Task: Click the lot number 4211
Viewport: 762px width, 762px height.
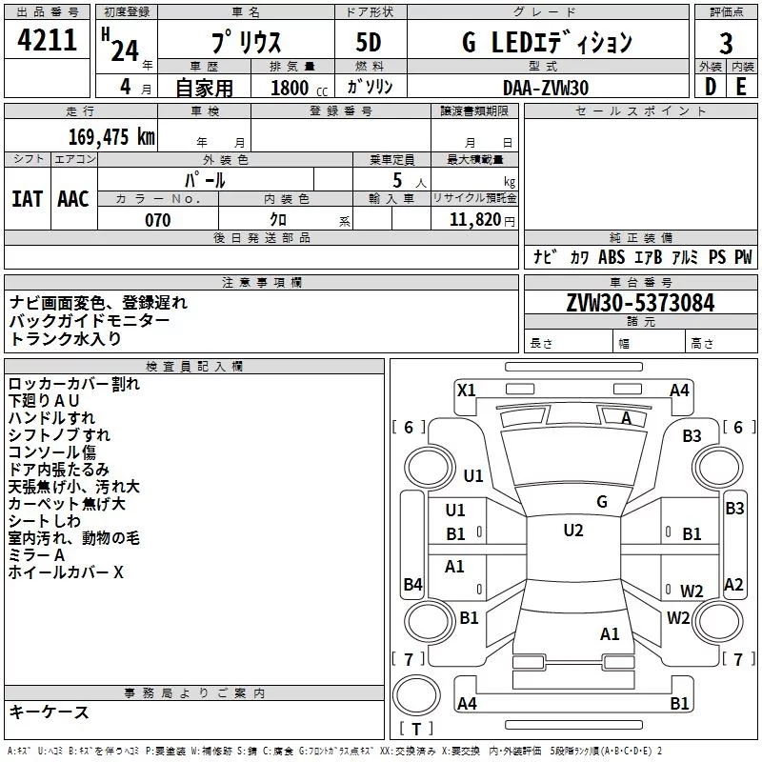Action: pyautogui.click(x=47, y=40)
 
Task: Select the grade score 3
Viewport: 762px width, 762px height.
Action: pyautogui.click(x=726, y=43)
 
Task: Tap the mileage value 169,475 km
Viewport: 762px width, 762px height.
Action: pyautogui.click(x=111, y=136)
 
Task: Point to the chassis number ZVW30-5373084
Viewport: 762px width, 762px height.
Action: pyautogui.click(x=640, y=303)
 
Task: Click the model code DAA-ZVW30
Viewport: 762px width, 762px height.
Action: pyautogui.click(x=546, y=88)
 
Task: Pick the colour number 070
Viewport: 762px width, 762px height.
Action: pyautogui.click(x=158, y=220)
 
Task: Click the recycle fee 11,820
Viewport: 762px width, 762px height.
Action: pyautogui.click(x=474, y=220)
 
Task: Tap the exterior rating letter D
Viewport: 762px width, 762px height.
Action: pyautogui.click(x=711, y=87)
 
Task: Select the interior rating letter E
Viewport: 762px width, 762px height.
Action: pyautogui.click(x=741, y=87)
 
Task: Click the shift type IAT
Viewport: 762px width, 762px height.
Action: pyautogui.click(x=27, y=199)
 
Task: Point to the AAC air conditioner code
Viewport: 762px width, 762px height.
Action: pyautogui.click(x=73, y=199)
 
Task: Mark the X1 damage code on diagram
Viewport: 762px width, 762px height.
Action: pyautogui.click(x=466, y=391)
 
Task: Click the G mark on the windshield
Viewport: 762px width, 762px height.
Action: pyautogui.click(x=602, y=502)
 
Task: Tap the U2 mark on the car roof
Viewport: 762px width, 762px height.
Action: pyautogui.click(x=573, y=531)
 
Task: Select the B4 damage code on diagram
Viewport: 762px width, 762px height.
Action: pyautogui.click(x=412, y=584)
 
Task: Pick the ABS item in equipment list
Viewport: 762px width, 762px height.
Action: pyautogui.click(x=612, y=256)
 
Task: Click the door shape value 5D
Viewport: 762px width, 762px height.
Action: pyautogui.click(x=368, y=42)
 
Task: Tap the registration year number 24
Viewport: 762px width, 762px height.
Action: pyautogui.click(x=125, y=50)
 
